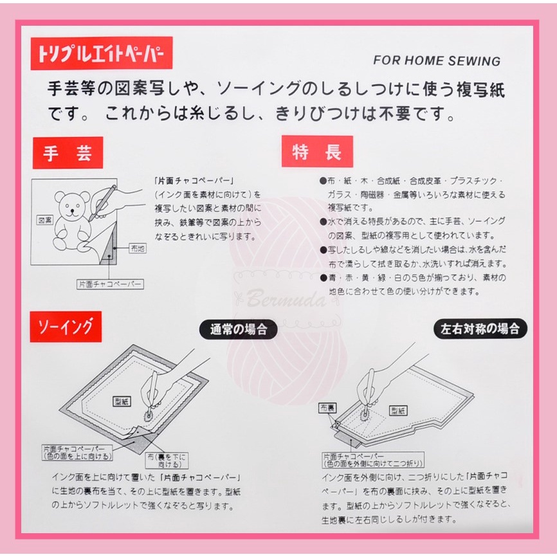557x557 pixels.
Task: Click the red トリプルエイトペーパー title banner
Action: click(x=102, y=53)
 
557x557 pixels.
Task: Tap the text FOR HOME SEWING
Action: click(x=437, y=60)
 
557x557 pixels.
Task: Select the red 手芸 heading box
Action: click(x=68, y=152)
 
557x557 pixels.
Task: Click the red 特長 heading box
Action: click(x=317, y=151)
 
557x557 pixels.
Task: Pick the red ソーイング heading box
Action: click(x=66, y=327)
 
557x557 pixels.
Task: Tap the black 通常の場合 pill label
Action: click(x=239, y=329)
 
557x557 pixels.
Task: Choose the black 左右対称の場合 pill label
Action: click(x=480, y=329)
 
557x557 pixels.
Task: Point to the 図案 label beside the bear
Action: click(x=45, y=220)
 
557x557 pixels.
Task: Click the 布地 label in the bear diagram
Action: click(x=138, y=248)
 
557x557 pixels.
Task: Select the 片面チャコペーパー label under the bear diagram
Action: click(x=110, y=284)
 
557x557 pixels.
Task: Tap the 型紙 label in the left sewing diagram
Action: click(x=122, y=402)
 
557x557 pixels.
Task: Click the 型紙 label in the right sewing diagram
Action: click(x=398, y=410)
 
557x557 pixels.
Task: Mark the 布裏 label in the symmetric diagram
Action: click(x=327, y=408)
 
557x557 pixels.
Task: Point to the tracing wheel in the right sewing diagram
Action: click(x=365, y=415)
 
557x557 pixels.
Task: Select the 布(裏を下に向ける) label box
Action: click(x=167, y=461)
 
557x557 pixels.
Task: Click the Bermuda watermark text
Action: click(x=286, y=298)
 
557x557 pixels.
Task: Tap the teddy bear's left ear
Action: click(x=60, y=197)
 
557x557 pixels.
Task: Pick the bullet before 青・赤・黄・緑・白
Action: click(x=323, y=278)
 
